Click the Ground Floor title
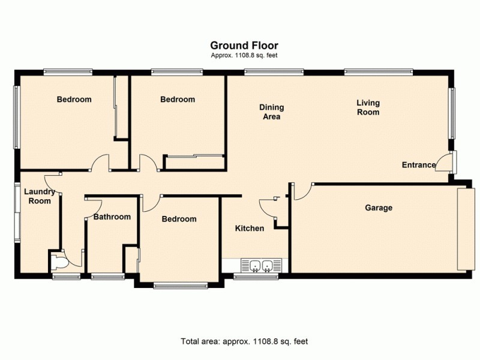click(x=244, y=45)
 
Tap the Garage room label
click(x=379, y=208)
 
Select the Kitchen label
click(x=249, y=229)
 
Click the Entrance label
click(x=418, y=165)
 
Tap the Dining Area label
click(x=271, y=112)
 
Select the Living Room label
click(x=368, y=107)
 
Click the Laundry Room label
click(x=40, y=197)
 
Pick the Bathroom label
click(x=112, y=217)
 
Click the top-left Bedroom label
click(x=74, y=100)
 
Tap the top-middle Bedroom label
click(x=178, y=100)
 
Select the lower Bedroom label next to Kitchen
click(x=179, y=219)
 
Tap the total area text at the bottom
click(x=244, y=341)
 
